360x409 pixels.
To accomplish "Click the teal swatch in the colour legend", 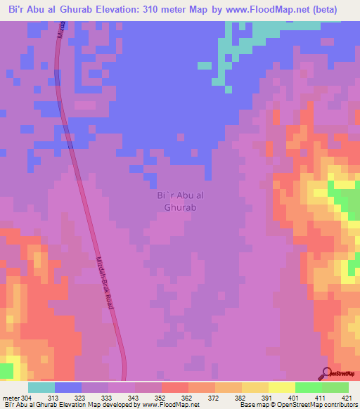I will pyautogui.click(x=41, y=387).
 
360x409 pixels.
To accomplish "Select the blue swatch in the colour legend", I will pyautogui.click(x=67, y=387).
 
